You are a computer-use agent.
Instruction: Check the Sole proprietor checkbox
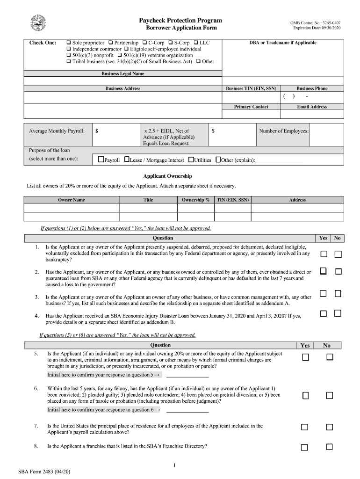69,43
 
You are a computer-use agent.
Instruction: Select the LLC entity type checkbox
195,43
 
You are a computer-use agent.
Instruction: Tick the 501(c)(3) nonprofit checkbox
69,55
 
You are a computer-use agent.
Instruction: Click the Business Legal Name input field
123,81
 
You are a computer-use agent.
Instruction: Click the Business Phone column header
312,88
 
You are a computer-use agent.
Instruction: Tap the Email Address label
312,107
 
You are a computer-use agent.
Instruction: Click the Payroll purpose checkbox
101,160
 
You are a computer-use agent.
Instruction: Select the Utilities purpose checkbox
191,160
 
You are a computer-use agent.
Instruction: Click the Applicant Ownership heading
167,176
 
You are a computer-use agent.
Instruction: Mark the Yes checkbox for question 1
324,254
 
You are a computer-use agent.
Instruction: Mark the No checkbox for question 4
338,313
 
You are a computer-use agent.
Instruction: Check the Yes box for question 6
305,396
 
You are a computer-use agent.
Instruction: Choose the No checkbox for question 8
329,447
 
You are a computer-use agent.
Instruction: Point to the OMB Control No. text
315,22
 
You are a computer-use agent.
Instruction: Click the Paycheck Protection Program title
180,21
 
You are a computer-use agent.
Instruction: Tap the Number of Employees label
284,131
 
